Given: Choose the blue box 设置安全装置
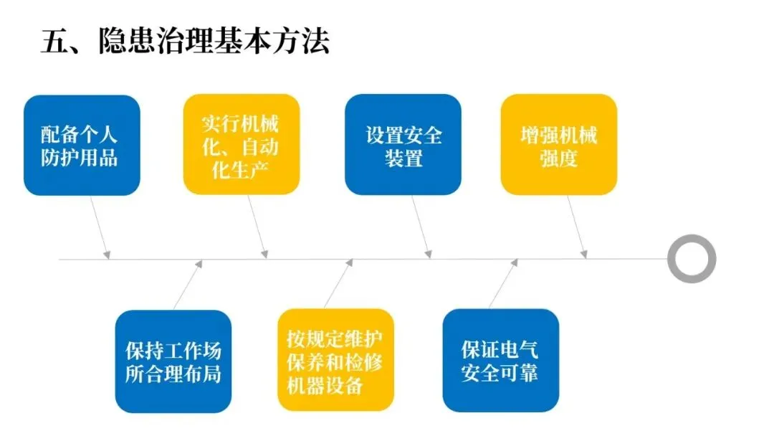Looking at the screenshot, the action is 403,144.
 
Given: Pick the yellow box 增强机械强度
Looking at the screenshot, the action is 558,144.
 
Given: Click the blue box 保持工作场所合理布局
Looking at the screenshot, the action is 173,361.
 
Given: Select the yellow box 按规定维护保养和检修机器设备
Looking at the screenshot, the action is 335,360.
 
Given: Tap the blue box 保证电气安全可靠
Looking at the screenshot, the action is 500,360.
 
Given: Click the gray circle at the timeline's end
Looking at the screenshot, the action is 692,258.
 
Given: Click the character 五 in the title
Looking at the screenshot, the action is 54,42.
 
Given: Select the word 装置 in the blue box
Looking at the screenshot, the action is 403,158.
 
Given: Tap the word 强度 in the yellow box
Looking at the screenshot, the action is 558,158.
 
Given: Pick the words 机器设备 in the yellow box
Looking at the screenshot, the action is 324,385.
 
